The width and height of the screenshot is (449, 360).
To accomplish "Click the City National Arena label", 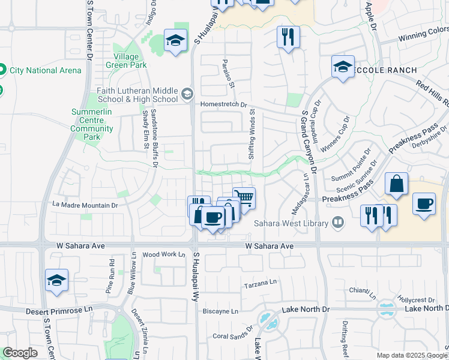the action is pos(45,70).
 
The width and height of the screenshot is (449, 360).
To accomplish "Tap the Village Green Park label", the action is pos(126,61).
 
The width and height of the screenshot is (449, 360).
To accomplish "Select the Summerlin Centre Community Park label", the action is pos(91,124).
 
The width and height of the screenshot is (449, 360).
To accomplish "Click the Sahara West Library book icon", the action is pos(339,223).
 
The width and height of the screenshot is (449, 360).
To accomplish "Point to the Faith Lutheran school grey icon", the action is pos(187,94).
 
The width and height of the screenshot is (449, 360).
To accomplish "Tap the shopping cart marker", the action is pos(244,198).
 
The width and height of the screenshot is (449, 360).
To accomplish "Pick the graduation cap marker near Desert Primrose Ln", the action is pos(57,280).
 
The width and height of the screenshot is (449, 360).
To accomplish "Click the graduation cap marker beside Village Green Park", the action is pos(175,41).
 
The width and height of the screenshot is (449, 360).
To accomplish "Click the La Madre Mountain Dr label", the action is pos(85,205).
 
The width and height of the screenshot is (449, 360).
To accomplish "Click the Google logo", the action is pos(20,353).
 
